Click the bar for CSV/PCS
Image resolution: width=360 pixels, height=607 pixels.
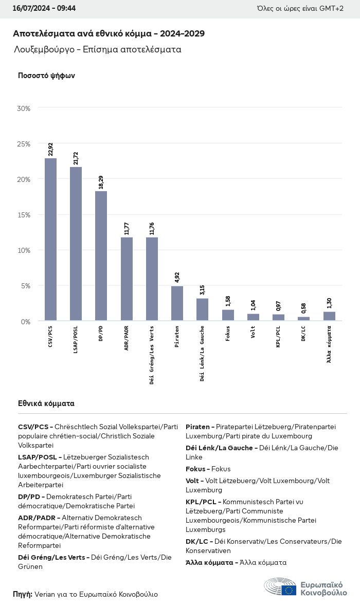[x=50, y=240]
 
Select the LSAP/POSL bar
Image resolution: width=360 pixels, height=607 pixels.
[x=76, y=244]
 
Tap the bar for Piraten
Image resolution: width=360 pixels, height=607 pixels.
[x=177, y=303]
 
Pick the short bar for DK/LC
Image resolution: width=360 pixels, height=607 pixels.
[x=303, y=319]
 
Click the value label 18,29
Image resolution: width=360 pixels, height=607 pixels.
[x=101, y=182]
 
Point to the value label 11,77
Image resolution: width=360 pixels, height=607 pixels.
[x=127, y=228]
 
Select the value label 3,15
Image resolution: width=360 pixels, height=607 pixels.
[x=202, y=289]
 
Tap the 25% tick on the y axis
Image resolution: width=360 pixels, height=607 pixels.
[x=24, y=144]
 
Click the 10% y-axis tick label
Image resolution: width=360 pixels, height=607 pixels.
[x=24, y=250]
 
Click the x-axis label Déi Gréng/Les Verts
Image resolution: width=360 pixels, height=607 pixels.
[x=152, y=355]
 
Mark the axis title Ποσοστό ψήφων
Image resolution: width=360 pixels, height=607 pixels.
[x=46, y=76]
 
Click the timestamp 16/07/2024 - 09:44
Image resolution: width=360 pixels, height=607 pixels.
[x=44, y=9]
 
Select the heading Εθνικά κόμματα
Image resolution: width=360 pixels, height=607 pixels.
[x=46, y=403]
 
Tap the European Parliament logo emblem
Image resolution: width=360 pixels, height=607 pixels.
[x=280, y=587]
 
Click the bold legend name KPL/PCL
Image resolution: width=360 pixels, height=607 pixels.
[x=202, y=502]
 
